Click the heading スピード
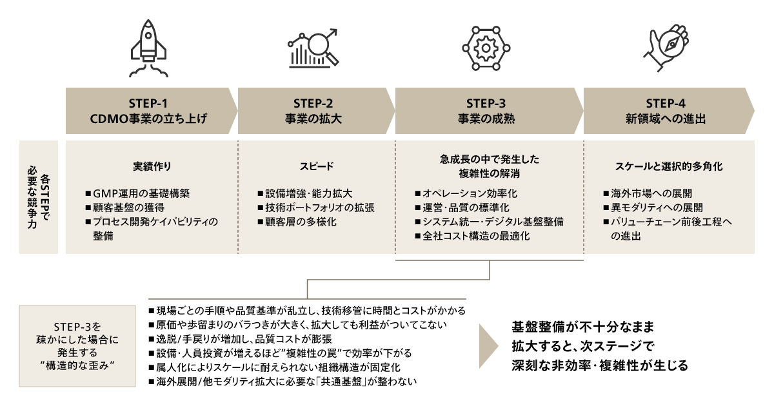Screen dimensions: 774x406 point(316,166)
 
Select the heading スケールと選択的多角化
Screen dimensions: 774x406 point(669,166)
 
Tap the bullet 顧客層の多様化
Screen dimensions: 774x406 point(296,222)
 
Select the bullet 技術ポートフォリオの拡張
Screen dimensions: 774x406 point(315,208)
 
